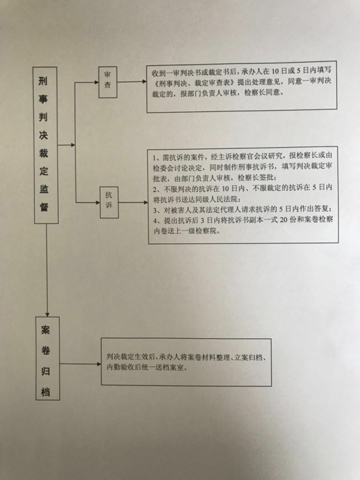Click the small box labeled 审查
click(107, 82)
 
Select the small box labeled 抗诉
click(109, 202)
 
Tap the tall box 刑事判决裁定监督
click(45, 145)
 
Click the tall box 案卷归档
click(47, 358)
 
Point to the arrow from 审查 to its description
click(132, 82)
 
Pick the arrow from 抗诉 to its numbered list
click(133, 202)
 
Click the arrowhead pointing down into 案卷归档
click(47, 314)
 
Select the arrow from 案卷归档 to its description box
click(80, 364)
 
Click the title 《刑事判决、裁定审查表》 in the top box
click(195, 82)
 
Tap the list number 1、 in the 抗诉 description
click(157, 158)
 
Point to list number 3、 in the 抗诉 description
click(157, 210)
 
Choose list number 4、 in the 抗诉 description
click(157, 220)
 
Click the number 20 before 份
click(284, 220)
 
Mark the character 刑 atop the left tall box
click(43, 81)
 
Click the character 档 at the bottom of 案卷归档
click(45, 392)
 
